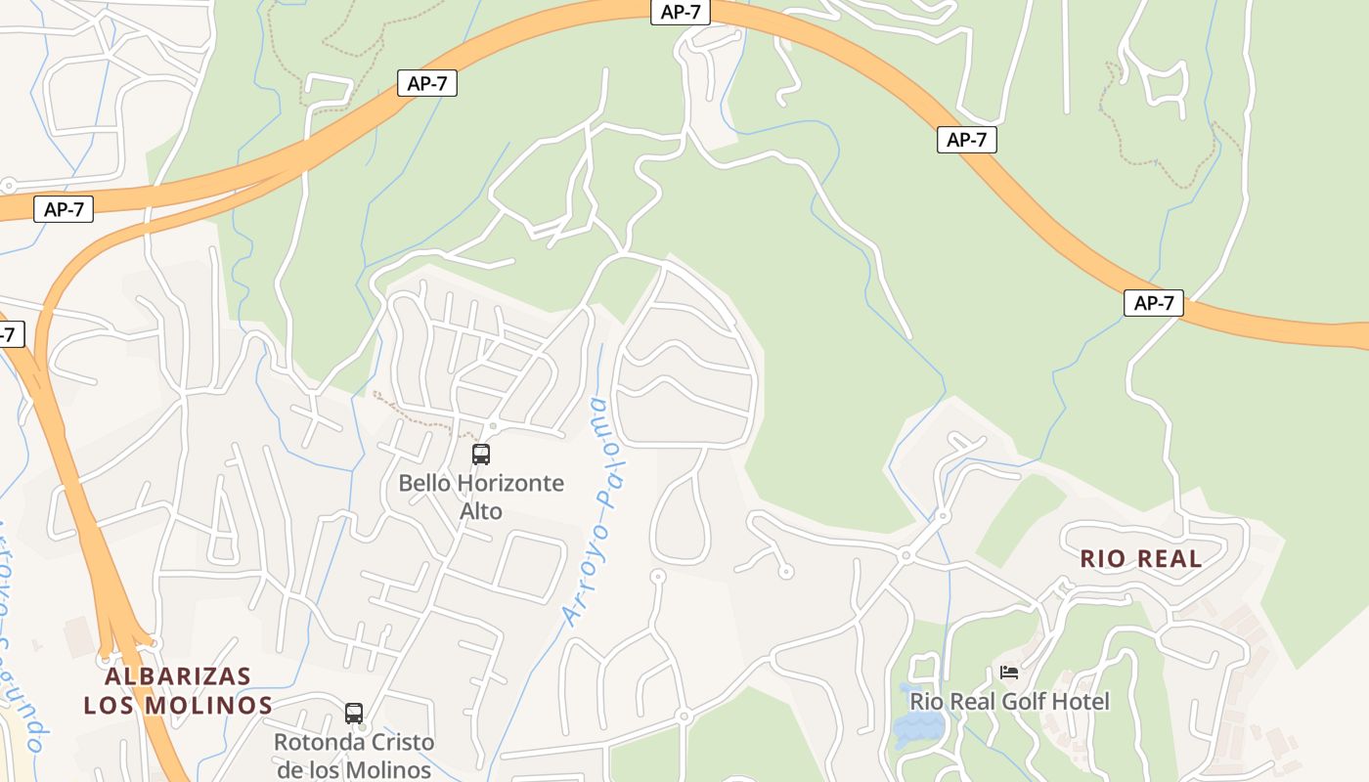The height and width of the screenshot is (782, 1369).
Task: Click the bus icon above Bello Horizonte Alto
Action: (481, 455)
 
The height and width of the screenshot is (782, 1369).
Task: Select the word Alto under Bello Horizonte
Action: (481, 511)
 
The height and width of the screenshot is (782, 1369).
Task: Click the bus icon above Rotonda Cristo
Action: (354, 714)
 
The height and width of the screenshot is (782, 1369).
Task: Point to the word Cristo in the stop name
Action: (399, 742)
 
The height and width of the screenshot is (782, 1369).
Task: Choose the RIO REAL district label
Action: (1140, 559)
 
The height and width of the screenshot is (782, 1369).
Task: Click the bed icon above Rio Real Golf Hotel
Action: (1009, 673)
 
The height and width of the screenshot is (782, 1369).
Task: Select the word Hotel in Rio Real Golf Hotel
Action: (1082, 702)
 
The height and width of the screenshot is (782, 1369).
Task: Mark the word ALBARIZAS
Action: (178, 676)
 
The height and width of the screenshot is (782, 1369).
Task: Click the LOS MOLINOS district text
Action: (178, 705)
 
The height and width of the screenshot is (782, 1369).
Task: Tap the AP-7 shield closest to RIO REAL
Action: (1153, 303)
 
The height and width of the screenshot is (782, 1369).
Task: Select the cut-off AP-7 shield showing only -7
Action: (8, 334)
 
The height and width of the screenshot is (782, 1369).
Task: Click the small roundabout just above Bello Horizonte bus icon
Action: (494, 426)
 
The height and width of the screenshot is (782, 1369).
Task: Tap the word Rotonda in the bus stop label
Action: (312, 742)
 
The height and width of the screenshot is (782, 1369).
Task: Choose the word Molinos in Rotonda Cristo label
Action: (391, 769)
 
